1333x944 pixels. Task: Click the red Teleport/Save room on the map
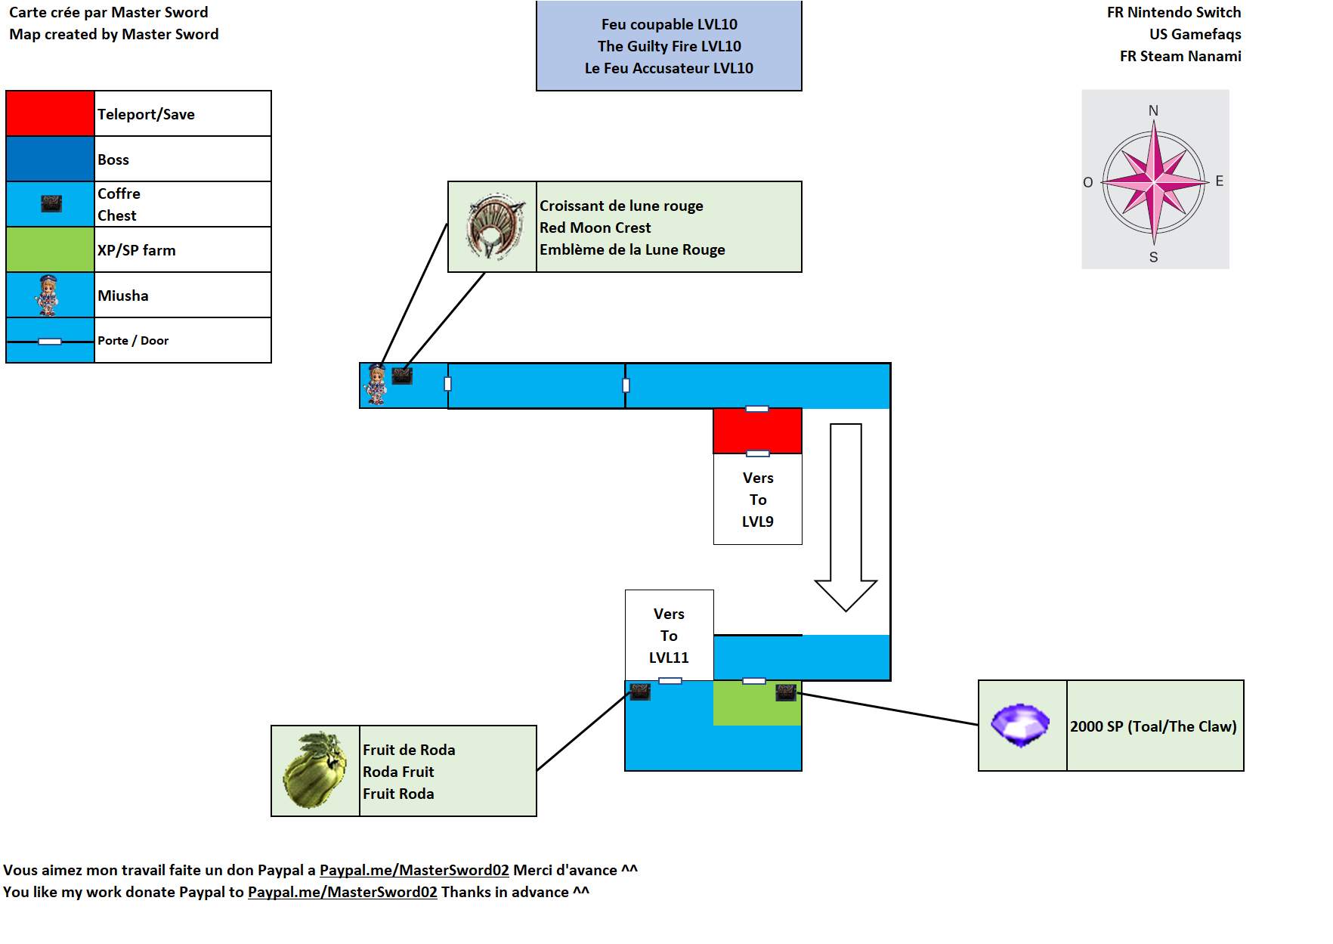pos(757,431)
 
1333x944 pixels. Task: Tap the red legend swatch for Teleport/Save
pos(50,113)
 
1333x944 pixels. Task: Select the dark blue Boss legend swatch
pos(50,159)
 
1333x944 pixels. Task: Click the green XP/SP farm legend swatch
pos(50,249)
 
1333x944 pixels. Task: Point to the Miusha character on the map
pos(376,384)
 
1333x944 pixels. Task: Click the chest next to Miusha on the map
pos(402,376)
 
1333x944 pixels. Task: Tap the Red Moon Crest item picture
pos(493,227)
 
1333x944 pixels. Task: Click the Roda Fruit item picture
pos(315,770)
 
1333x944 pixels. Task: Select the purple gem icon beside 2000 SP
pos(1021,726)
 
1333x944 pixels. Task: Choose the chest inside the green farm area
pos(786,692)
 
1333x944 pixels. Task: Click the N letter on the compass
pos(1153,111)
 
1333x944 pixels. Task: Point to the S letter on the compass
pos(1153,257)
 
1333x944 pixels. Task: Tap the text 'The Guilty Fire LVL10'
pos(669,46)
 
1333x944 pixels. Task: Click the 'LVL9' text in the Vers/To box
pos(757,522)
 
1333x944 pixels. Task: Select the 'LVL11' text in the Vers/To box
pos(669,658)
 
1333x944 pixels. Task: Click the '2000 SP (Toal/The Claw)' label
pos(1153,726)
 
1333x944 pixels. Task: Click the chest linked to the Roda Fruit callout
pos(640,692)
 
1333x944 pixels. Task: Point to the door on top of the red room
pos(757,409)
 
